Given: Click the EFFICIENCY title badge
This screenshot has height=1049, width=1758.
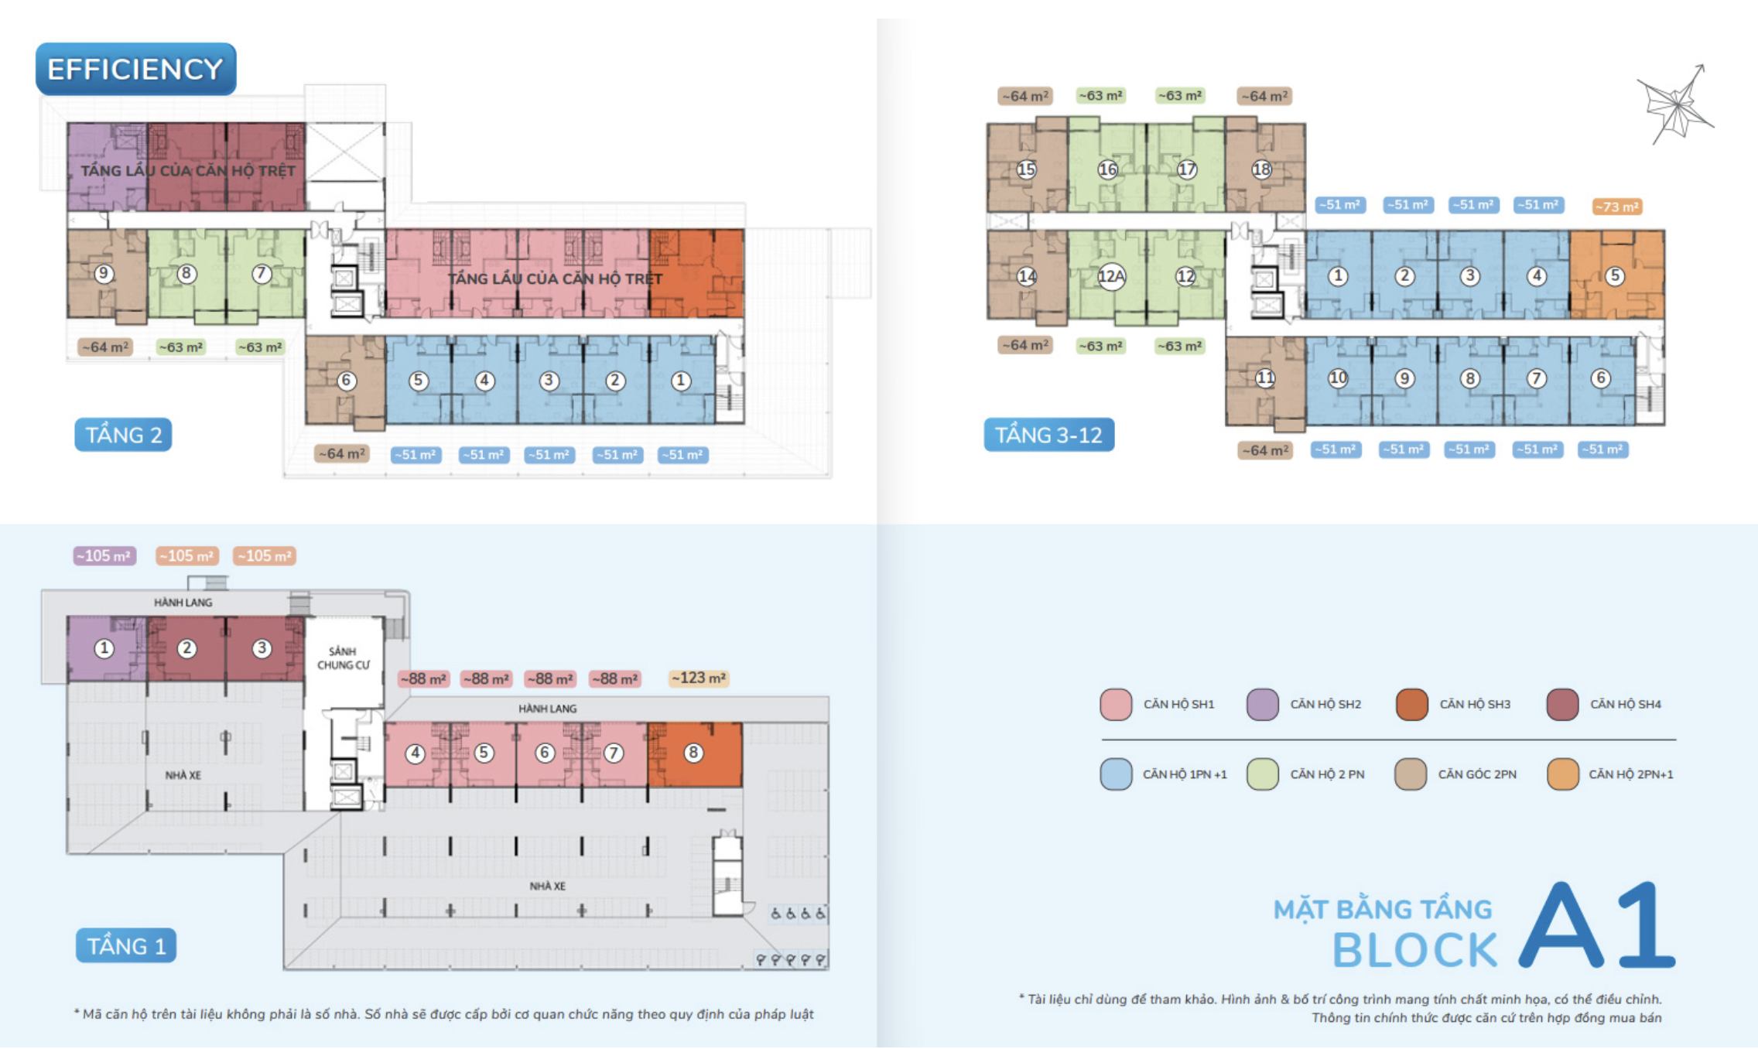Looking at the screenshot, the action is click(136, 70).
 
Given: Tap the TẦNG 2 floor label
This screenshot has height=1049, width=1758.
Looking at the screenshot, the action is click(123, 435).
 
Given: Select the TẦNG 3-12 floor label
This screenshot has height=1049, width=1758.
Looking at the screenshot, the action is click(1048, 435).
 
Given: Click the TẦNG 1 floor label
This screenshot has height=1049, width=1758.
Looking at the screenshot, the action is click(126, 945).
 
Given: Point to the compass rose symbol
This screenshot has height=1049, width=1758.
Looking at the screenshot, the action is click(1676, 104).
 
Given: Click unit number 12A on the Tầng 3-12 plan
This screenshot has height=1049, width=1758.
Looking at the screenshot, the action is click(1111, 276).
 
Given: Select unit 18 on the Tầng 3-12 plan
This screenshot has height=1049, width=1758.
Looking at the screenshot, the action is click(1261, 169).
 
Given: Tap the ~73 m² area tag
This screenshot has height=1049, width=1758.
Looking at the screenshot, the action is click(1617, 207).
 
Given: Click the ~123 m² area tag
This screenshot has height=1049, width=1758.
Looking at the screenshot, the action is click(698, 678).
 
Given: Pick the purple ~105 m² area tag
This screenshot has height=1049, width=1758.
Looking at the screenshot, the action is click(104, 555).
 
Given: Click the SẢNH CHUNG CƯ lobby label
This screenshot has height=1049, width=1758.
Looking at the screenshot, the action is click(343, 658).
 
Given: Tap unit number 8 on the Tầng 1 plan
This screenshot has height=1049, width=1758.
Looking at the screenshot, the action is click(693, 752).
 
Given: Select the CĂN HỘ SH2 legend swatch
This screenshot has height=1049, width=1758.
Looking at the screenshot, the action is click(1263, 705).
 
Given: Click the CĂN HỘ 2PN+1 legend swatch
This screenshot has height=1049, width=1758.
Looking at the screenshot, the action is click(1563, 774).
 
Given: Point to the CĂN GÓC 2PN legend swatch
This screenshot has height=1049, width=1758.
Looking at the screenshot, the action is click(1411, 774).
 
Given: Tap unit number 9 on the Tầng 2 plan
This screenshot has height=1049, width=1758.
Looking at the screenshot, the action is click(103, 273).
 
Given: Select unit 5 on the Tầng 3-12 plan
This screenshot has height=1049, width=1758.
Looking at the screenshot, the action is click(1615, 276).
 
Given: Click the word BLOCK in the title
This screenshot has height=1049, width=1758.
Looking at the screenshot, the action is click(1415, 950).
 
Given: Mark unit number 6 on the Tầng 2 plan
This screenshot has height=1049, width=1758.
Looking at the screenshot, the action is click(346, 381).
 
